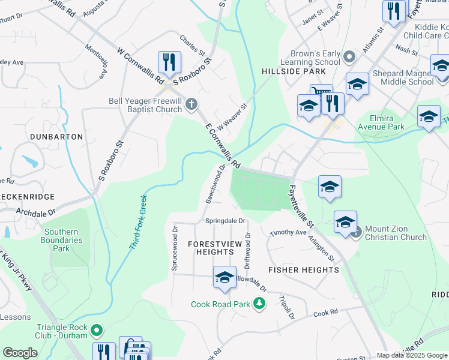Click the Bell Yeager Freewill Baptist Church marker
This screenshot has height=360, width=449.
pos(191,105)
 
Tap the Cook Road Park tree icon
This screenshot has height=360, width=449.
pos(259,304)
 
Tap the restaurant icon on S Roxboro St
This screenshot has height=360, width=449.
pos(169,62)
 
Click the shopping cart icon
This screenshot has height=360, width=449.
pos(321,93)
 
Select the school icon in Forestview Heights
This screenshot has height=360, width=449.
pos(224,277)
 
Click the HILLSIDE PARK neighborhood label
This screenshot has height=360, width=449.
pos(285,71)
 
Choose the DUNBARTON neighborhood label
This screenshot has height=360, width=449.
pos(55,137)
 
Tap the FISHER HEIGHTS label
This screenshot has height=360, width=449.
pos(304,270)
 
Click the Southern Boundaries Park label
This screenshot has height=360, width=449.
pos(62,240)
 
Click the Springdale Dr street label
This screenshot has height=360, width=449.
pos(226,221)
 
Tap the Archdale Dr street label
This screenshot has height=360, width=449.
pos(35,212)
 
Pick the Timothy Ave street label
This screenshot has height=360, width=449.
pos(288,233)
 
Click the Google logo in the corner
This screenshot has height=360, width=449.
pos(20,353)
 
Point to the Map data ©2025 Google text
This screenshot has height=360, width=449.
pos(411,355)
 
